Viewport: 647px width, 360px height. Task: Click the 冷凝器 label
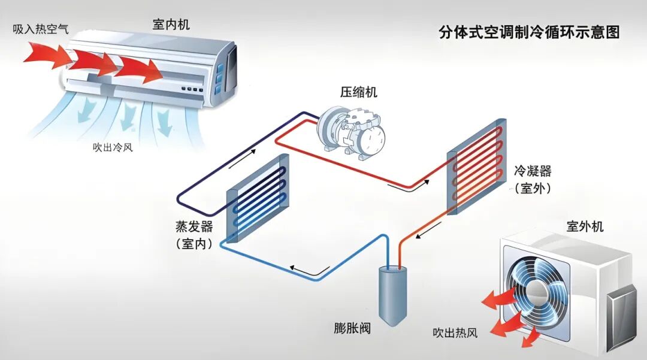tap(532, 171)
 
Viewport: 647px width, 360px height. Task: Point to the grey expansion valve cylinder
tap(392, 294)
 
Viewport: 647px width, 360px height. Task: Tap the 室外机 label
tap(585, 226)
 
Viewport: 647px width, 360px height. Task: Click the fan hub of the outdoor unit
tap(537, 291)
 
